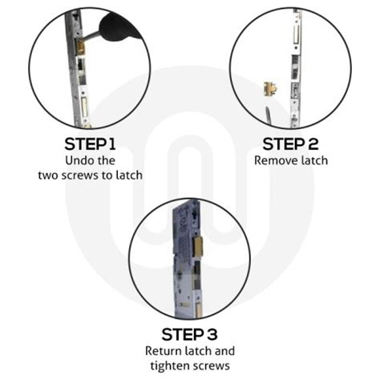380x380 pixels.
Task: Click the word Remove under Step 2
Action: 274,160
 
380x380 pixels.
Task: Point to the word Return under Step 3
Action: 164,351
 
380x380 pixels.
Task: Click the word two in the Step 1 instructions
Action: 50,175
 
